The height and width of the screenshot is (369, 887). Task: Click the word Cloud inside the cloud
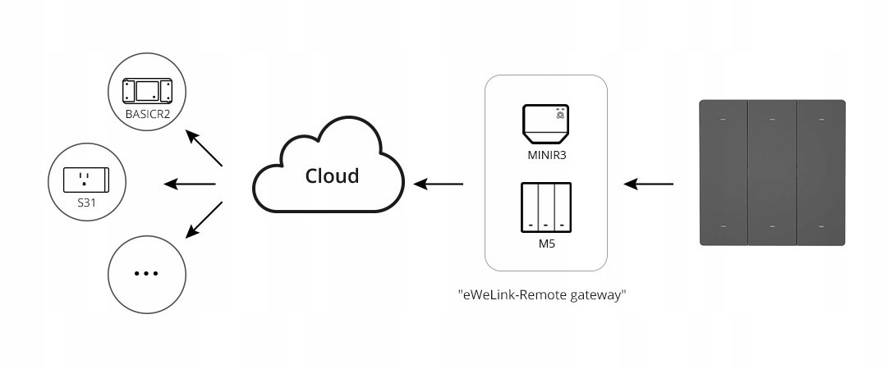point(332,176)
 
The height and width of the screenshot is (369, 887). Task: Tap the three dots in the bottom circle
point(145,273)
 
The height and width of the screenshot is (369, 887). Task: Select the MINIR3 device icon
point(545,123)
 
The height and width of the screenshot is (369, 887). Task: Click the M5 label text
point(545,244)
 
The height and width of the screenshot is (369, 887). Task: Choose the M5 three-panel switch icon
point(545,207)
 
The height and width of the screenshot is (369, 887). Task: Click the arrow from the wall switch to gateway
point(648,183)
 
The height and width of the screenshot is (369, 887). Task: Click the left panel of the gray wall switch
point(723,173)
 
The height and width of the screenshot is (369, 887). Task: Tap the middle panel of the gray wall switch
point(772,173)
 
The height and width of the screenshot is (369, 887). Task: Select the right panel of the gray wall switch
point(821,173)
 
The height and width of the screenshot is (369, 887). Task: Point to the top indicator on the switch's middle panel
point(772,120)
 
